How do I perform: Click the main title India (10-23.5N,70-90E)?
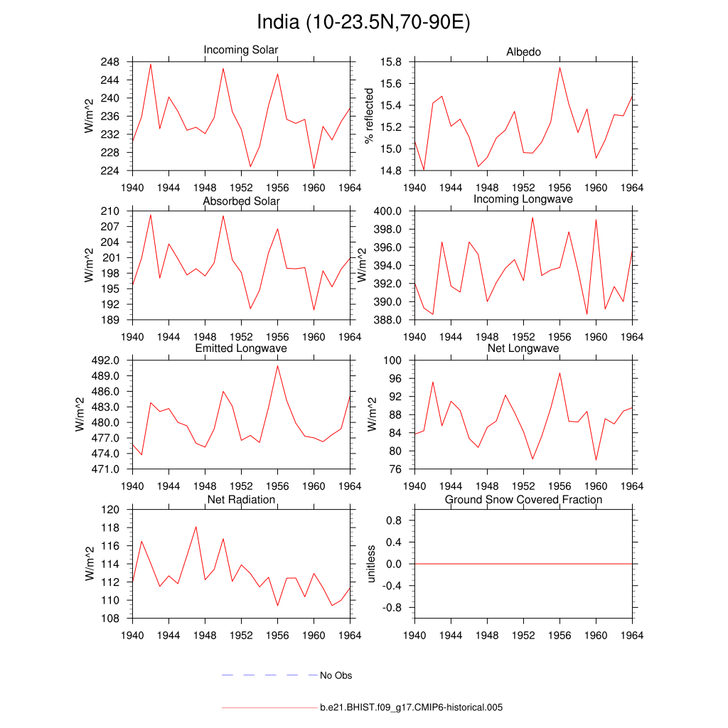[x=363, y=23]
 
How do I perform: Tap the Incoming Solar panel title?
[x=241, y=50]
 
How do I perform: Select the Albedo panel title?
[x=523, y=52]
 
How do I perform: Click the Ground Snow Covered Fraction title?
[x=523, y=500]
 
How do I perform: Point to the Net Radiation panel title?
[x=241, y=500]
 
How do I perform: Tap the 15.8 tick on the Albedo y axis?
[x=392, y=62]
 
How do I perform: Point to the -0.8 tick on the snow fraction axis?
[x=393, y=608]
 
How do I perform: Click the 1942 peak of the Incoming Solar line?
[x=151, y=65]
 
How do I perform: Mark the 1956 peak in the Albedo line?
[x=560, y=68]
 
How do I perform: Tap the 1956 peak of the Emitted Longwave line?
[x=278, y=365]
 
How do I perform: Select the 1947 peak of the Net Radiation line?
[x=196, y=527]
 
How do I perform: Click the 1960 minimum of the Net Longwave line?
[x=596, y=460]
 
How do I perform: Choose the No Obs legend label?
[x=336, y=675]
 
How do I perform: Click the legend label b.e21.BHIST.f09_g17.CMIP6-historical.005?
[x=412, y=707]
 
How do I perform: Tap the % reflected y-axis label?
[x=368, y=116]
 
